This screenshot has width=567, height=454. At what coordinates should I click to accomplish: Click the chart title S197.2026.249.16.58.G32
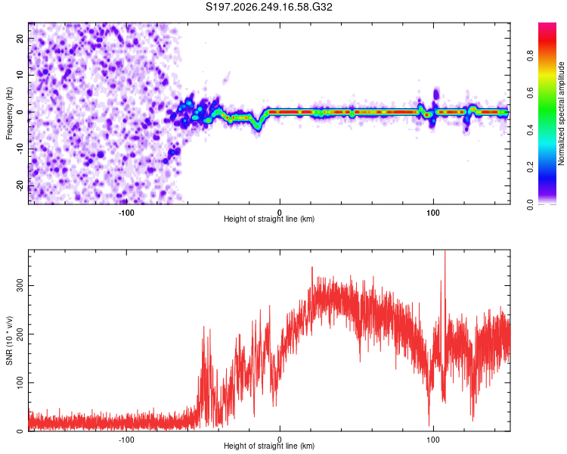pyautogui.click(x=268, y=7)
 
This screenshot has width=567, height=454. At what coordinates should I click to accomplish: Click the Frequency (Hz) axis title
pyautogui.click(x=9, y=113)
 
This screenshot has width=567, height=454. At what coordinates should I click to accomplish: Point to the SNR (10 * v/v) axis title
pyautogui.click(x=9, y=340)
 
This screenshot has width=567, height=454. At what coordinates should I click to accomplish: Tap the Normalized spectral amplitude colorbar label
pyautogui.click(x=561, y=113)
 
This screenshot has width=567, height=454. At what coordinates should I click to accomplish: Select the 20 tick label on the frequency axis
pyautogui.click(x=20, y=38)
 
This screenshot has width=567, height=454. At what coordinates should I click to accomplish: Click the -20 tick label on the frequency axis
pyautogui.click(x=20, y=186)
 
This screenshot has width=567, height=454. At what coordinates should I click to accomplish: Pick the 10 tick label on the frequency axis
pyautogui.click(x=20, y=75)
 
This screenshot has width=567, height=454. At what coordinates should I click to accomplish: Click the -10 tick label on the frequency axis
pyautogui.click(x=20, y=149)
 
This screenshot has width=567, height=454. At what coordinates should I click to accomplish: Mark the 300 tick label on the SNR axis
pyautogui.click(x=20, y=286)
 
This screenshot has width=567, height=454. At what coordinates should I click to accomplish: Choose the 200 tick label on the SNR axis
pyautogui.click(x=20, y=334)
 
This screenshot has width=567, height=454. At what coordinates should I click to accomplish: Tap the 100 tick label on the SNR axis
pyautogui.click(x=20, y=383)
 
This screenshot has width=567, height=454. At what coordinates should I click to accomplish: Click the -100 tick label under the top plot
pyautogui.click(x=126, y=213)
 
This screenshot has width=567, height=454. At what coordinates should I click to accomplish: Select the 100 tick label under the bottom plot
pyautogui.click(x=433, y=440)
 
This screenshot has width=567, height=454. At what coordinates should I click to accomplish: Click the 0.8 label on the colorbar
pyautogui.click(x=530, y=56)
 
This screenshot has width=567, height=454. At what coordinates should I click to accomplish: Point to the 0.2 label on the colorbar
pyautogui.click(x=530, y=167)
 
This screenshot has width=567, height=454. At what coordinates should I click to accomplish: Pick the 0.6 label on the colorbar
pyautogui.click(x=530, y=93)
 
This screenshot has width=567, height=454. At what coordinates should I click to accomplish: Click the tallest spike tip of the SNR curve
pyautogui.click(x=445, y=250)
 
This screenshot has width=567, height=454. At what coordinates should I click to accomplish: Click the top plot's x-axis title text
pyautogui.click(x=269, y=219)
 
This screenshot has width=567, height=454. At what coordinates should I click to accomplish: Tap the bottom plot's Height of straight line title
pyautogui.click(x=269, y=446)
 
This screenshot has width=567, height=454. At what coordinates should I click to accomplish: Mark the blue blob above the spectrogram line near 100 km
pyautogui.click(x=435, y=95)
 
